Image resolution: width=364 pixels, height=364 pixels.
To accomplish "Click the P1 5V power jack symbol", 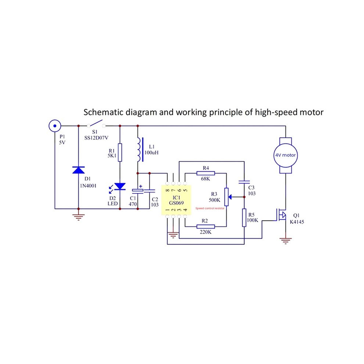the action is (x=55, y=126).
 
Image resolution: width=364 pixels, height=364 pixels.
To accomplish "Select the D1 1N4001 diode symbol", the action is (x=78, y=170).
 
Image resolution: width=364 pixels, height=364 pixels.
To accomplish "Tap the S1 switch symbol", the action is (x=96, y=124).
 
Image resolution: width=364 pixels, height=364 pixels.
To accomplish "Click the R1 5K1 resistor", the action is (x=120, y=152).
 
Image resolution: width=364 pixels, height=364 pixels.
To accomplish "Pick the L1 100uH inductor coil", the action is (x=140, y=150).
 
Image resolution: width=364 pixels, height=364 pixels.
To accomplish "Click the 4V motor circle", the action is (x=285, y=155).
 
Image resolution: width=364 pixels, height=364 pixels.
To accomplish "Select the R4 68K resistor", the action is (x=206, y=173).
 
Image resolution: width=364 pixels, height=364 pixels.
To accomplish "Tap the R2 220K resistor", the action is (x=206, y=226).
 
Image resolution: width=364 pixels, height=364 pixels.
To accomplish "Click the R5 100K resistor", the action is (x=244, y=218).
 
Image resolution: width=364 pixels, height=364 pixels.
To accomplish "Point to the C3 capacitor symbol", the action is (x=244, y=182).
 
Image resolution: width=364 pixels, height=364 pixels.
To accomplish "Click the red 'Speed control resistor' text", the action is (x=210, y=208).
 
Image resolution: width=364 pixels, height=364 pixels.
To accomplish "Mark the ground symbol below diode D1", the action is (x=78, y=217).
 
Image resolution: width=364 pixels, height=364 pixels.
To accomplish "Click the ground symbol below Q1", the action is (x=286, y=241).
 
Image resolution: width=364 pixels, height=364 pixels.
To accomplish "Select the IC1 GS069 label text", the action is (x=176, y=200).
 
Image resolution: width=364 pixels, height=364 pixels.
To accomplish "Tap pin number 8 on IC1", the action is (x=167, y=190).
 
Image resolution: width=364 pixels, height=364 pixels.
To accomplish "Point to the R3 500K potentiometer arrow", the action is (x=230, y=197).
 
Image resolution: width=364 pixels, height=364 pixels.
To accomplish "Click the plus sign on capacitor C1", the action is (x=141, y=186).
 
